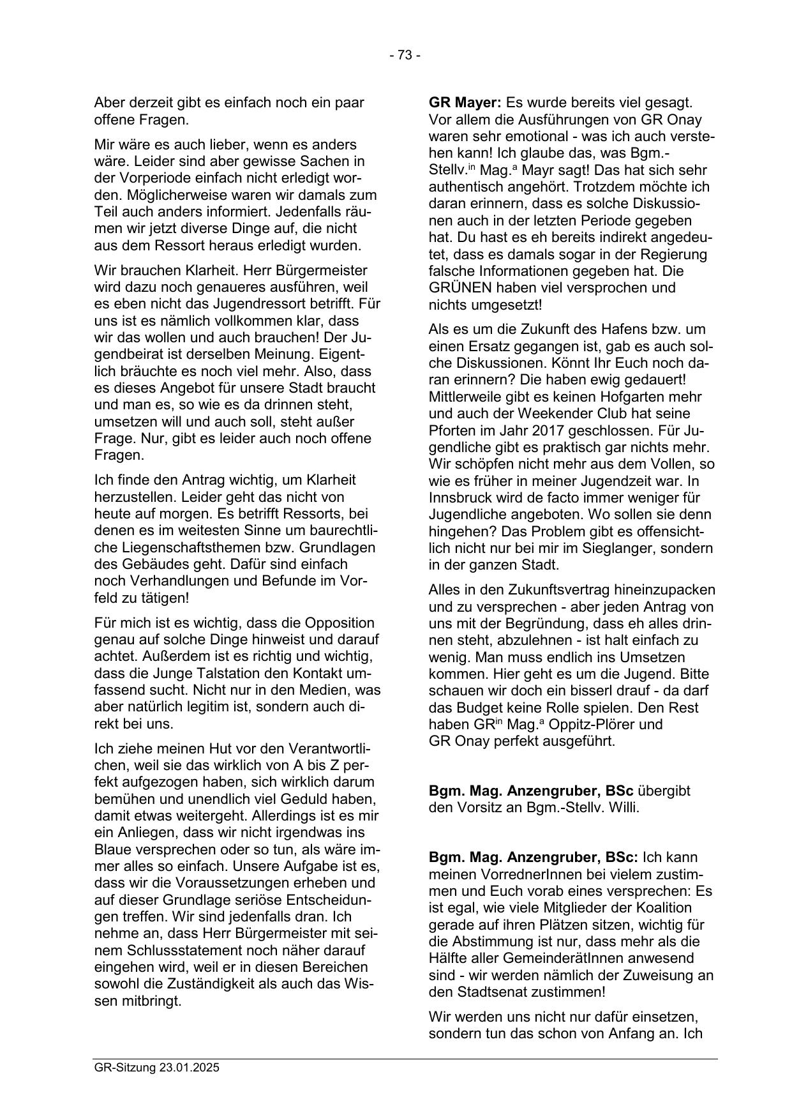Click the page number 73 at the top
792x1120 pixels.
[405, 56]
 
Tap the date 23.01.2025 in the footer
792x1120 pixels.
[190, 1068]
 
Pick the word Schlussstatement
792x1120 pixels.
[166, 950]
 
